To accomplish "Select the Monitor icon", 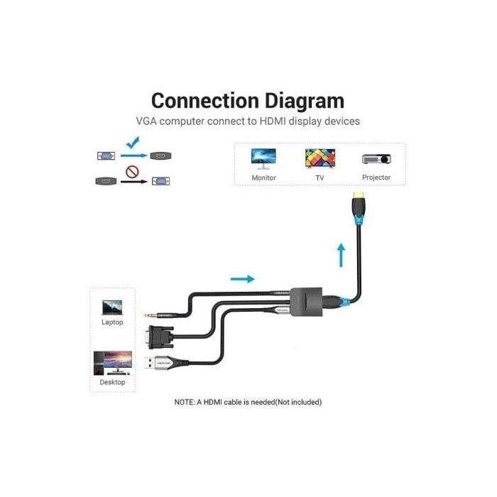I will pyautogui.click(x=263, y=158).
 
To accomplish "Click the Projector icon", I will pyautogui.click(x=376, y=159).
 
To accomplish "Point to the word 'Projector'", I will pyautogui.click(x=376, y=177).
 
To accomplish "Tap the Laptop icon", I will pyautogui.click(x=112, y=306).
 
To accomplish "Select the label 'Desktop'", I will pyautogui.click(x=112, y=382).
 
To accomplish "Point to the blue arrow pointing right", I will pyautogui.click(x=242, y=279).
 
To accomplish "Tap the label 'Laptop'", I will pyautogui.click(x=112, y=322).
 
